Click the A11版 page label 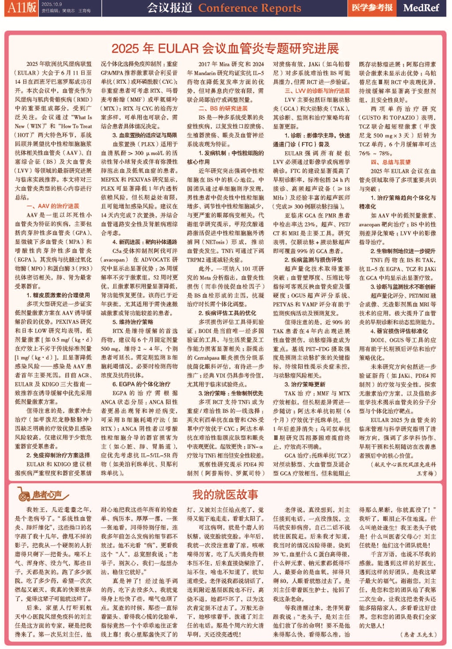click(x=21, y=7)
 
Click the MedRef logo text click(x=421, y=8)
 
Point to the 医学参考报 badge click(x=372, y=8)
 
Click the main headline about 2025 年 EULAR click(x=225, y=49)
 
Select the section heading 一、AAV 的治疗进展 click(x=53, y=206)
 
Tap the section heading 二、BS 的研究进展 click(x=223, y=109)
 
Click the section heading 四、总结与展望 click(x=391, y=162)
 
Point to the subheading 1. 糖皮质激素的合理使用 click(x=58, y=295)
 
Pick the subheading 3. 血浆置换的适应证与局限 click(x=144, y=135)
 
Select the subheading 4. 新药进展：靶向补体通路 click(x=144, y=242)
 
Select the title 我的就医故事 click(x=225, y=495)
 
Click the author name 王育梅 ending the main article click(x=426, y=473)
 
